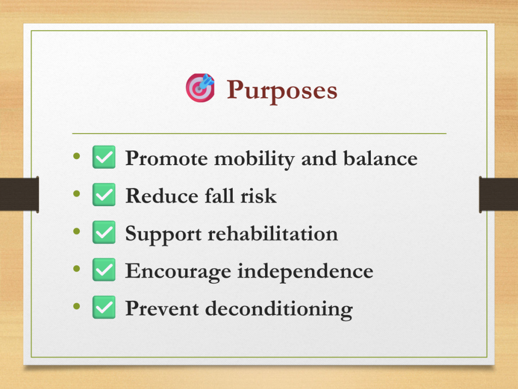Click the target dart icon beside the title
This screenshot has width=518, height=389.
200,88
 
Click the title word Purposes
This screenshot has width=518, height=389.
282,90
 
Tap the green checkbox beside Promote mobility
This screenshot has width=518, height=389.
104,157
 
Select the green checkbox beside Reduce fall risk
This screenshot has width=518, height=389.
104,194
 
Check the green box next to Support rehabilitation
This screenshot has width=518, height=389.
104,232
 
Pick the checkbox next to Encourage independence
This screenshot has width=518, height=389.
104,269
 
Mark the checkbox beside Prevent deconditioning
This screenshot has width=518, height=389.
104,307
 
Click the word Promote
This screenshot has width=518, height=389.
166,158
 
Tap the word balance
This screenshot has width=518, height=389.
380,158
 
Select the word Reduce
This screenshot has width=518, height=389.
162,196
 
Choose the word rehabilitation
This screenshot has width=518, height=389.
273,233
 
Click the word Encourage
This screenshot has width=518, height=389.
178,271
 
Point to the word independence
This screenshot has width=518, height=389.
306,272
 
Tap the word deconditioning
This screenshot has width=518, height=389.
279,309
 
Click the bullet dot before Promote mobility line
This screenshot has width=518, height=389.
77,156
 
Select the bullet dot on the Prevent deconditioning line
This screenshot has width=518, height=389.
77,306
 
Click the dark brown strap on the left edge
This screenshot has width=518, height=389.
20,194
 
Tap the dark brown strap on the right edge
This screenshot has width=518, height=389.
498,194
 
